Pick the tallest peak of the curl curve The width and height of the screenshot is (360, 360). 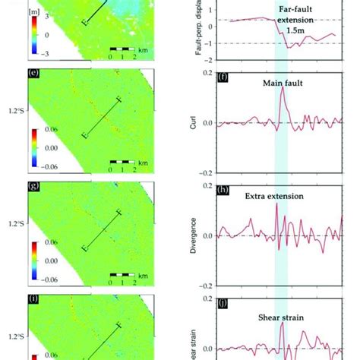click(282, 87)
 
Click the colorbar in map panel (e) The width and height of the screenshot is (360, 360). click(35, 147)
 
